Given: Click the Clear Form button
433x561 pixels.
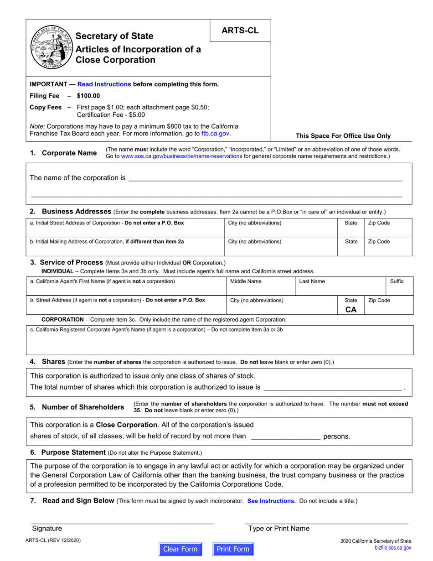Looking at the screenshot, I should click(180, 549).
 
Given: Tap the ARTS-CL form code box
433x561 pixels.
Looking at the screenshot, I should click(240, 31).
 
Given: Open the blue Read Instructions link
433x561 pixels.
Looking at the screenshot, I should click(104, 84).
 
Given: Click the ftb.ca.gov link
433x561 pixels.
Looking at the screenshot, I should click(216, 134).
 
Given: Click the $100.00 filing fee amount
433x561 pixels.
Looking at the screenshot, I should click(88, 96).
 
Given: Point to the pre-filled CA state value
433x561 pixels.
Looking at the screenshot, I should click(351, 309).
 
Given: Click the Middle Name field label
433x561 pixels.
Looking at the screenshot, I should click(246, 281).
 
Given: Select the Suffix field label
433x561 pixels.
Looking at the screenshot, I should click(397, 281).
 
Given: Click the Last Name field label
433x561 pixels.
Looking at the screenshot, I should click(312, 281).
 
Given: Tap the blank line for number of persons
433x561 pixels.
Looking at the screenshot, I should click(285, 436).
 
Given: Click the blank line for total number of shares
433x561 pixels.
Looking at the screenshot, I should click(333, 387).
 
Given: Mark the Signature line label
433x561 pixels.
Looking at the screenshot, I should click(47, 528).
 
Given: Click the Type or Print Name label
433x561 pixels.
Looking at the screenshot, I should click(278, 528).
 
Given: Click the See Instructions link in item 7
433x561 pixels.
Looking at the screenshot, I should click(271, 501).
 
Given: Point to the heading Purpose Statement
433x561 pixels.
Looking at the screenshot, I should click(73, 452).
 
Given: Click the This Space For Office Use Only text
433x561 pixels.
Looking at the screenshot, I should click(343, 135).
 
